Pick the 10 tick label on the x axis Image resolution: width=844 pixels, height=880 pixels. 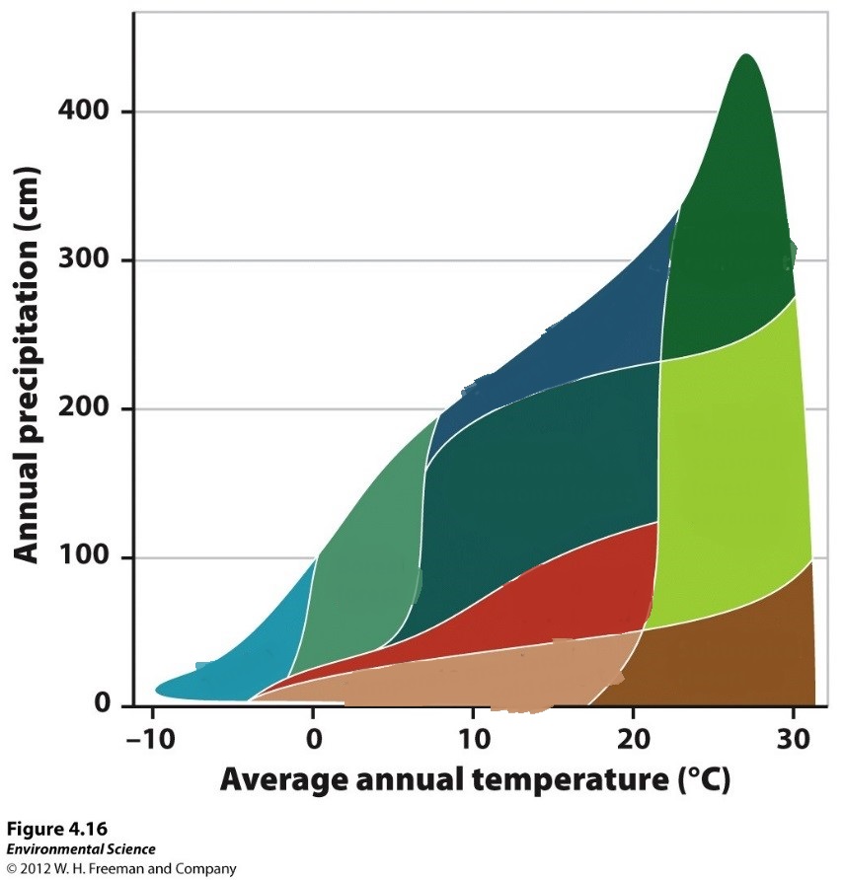473,739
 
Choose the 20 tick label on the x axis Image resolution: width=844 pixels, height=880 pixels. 633,739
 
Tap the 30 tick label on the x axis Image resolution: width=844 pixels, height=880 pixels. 793,739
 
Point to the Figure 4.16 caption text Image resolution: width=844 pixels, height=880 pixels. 50,827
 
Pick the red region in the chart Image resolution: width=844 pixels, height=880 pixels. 553,592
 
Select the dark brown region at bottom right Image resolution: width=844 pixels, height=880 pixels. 730,661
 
